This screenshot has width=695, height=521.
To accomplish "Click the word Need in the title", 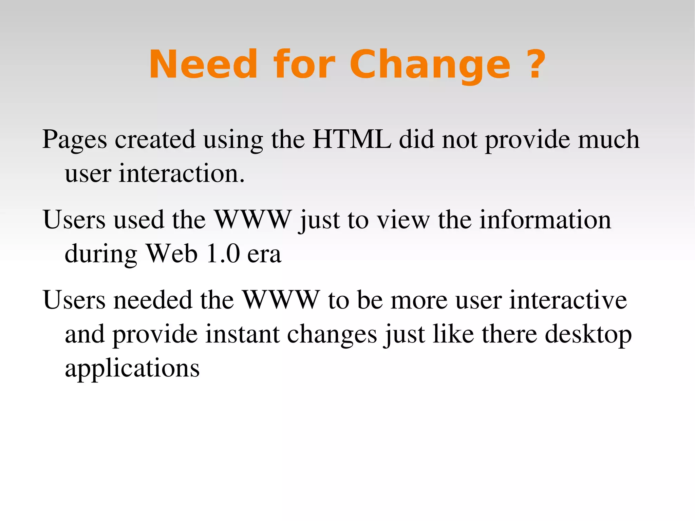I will pyautogui.click(x=203, y=64).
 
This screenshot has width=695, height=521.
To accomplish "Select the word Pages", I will pyautogui.click(x=75, y=140).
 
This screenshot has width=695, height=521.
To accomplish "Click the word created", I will pyautogui.click(x=155, y=139).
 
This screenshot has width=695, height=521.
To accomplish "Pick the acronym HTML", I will pyautogui.click(x=352, y=139).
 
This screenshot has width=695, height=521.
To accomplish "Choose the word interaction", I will pyautogui.click(x=182, y=173).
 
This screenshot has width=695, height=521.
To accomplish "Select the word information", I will pyautogui.click(x=545, y=220).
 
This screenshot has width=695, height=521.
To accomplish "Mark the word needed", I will pyautogui.click(x=153, y=300).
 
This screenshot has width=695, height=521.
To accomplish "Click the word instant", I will pyautogui.click(x=243, y=334).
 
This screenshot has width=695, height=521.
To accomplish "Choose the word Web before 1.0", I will pyautogui.click(x=171, y=254).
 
